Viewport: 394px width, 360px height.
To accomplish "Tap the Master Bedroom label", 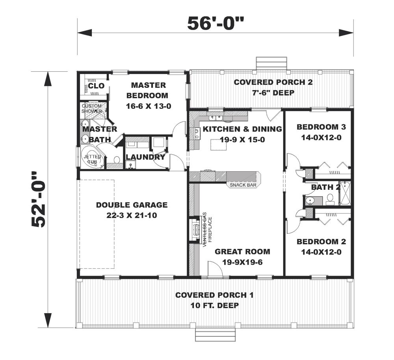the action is [149, 91].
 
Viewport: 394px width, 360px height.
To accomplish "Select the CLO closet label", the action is [96, 85].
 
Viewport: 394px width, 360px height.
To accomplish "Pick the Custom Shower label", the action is [92, 108].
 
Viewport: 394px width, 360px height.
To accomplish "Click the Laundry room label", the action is [145, 157].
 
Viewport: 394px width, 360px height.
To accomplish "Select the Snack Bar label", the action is [243, 185].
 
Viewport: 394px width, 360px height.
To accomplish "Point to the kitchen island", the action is [219, 145].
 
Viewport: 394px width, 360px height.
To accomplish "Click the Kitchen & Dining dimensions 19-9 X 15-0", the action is [242, 140].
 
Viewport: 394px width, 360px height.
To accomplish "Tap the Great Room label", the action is [242, 251].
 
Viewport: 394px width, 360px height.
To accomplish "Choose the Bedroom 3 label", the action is [322, 127].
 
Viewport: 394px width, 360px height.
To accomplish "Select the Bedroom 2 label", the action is [322, 241].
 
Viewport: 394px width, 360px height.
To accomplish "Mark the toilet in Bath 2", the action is [330, 199].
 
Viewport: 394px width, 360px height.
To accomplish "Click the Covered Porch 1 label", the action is [215, 295].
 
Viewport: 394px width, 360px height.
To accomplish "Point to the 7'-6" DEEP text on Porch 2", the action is [273, 93].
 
